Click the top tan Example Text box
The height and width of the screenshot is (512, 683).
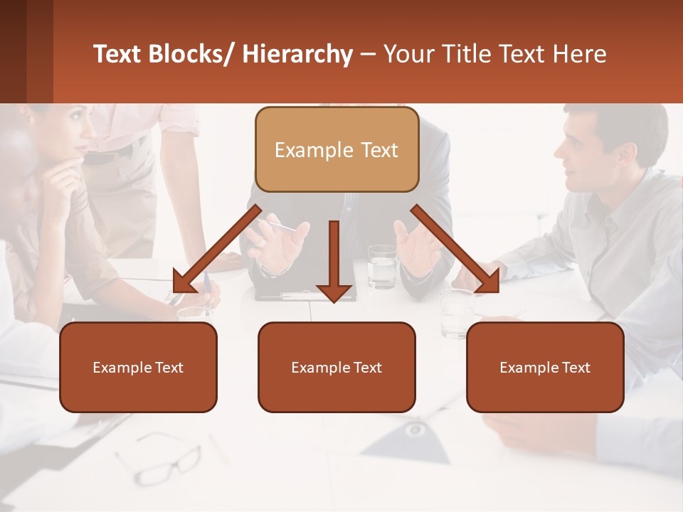click(x=337, y=149)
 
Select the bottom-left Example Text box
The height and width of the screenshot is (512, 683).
click(x=138, y=367)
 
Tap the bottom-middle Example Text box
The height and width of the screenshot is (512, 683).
click(x=337, y=367)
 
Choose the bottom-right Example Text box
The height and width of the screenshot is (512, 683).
click(x=545, y=367)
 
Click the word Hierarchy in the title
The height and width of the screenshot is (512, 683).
click(x=297, y=54)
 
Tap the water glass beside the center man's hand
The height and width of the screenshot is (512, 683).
click(x=382, y=267)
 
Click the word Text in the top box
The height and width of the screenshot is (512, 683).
click(x=378, y=150)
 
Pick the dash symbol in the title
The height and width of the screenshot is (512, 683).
click(x=368, y=55)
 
